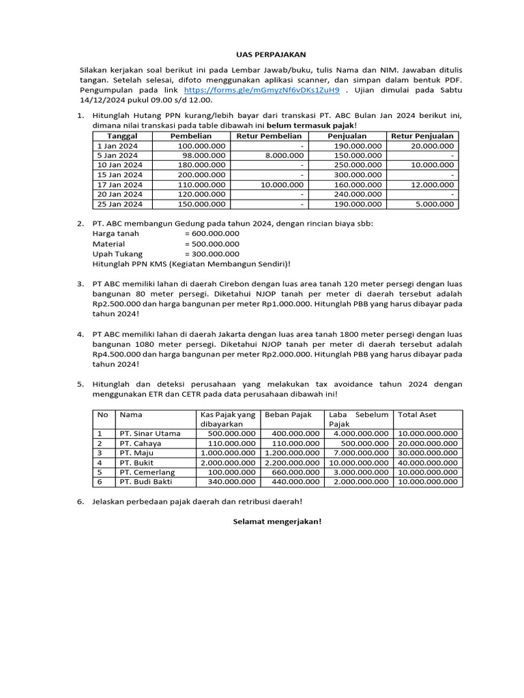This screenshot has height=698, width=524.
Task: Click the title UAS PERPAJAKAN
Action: (x=262, y=54)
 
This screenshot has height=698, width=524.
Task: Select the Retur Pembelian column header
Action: (x=269, y=136)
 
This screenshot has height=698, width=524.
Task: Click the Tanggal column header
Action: (x=122, y=136)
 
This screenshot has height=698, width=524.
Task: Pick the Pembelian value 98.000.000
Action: (x=202, y=155)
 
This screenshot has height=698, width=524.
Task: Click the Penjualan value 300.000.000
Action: (x=358, y=174)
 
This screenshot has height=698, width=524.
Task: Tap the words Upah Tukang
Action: (x=113, y=254)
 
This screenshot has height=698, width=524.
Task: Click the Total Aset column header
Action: (x=417, y=414)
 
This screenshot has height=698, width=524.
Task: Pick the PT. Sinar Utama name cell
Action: (x=150, y=434)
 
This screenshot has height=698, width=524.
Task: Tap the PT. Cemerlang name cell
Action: (x=147, y=472)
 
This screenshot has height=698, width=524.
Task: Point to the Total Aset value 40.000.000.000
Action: (x=428, y=462)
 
